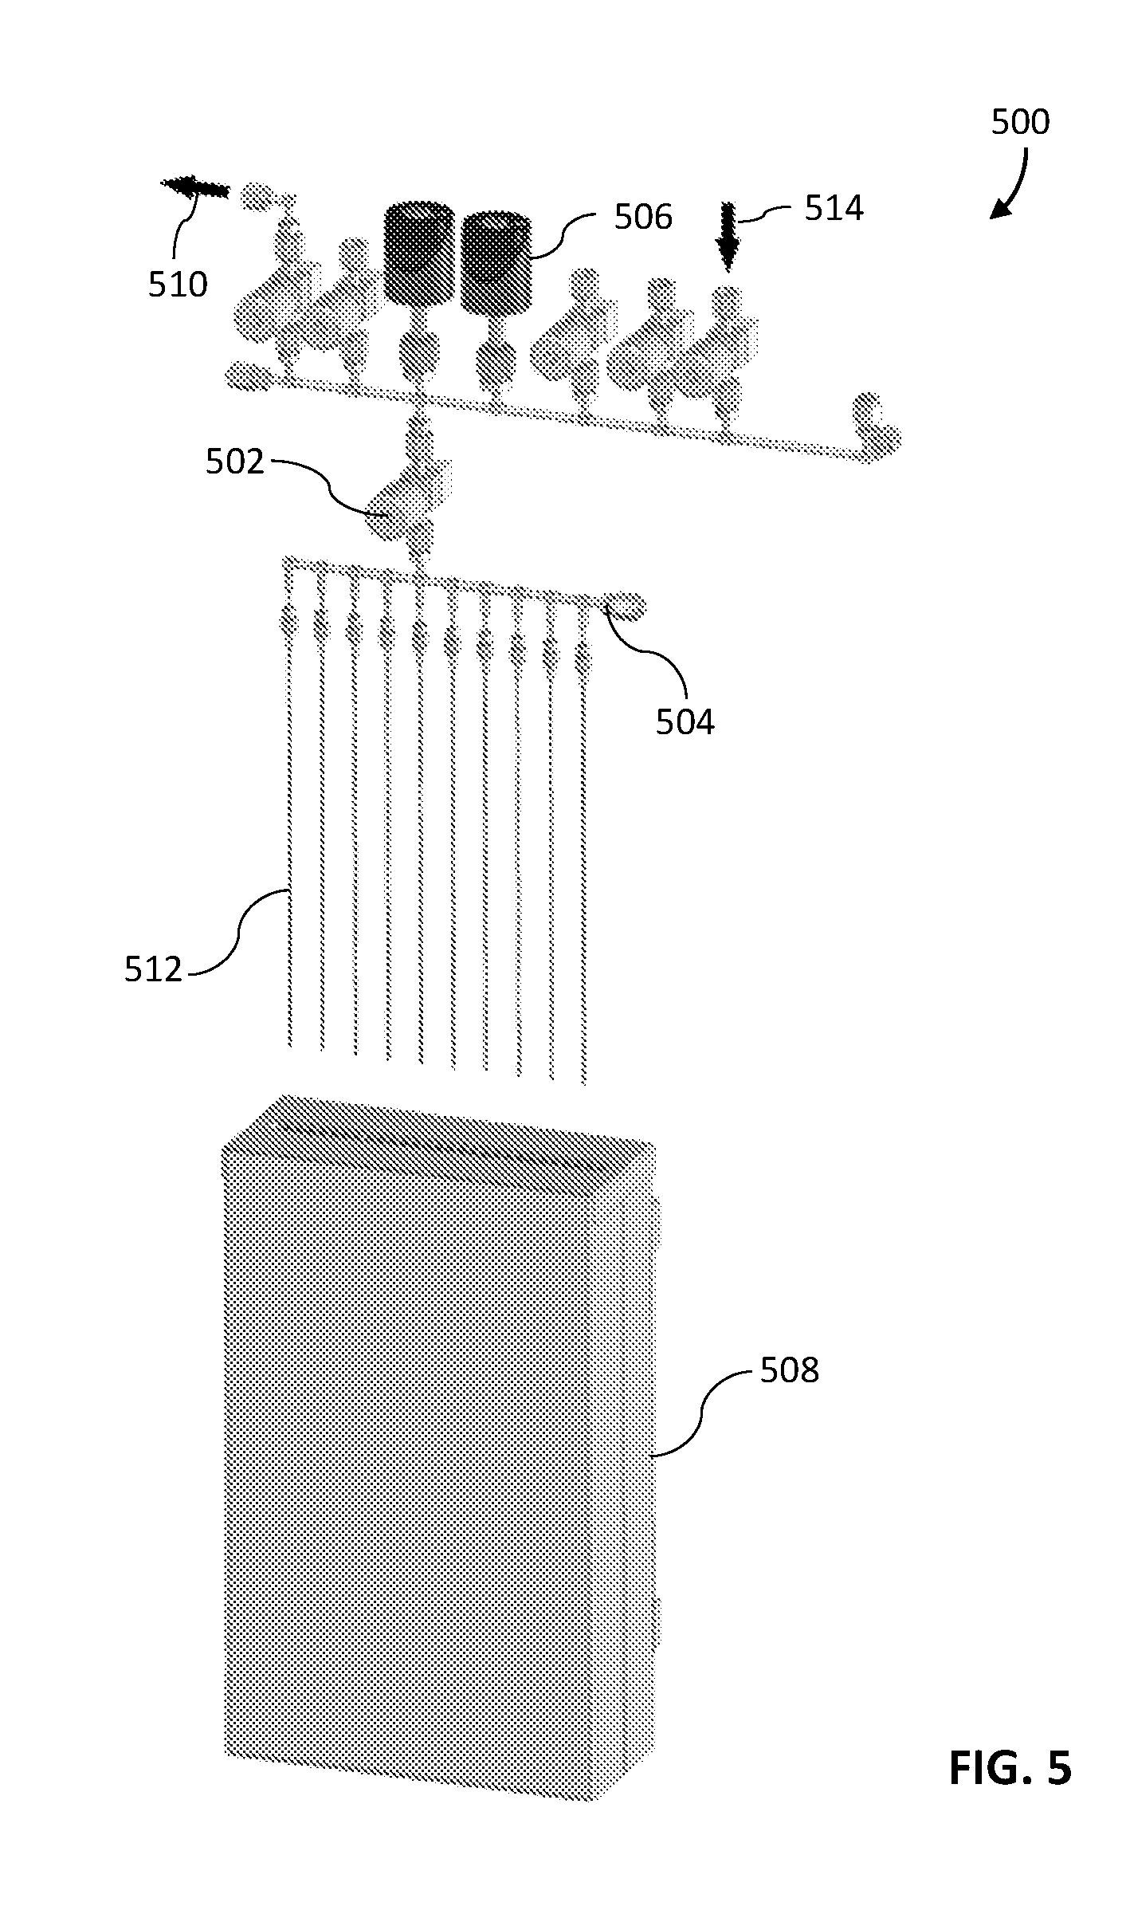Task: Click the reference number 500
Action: pos(1020,122)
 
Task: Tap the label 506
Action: pos(643,217)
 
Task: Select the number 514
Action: pos(834,208)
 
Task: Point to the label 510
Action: pos(178,284)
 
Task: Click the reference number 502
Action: pos(235,462)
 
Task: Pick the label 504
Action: pos(685,721)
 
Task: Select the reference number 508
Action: pos(790,1370)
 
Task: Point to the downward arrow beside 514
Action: pos(727,237)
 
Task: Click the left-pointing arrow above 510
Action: pos(195,187)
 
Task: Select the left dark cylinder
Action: pos(418,253)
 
